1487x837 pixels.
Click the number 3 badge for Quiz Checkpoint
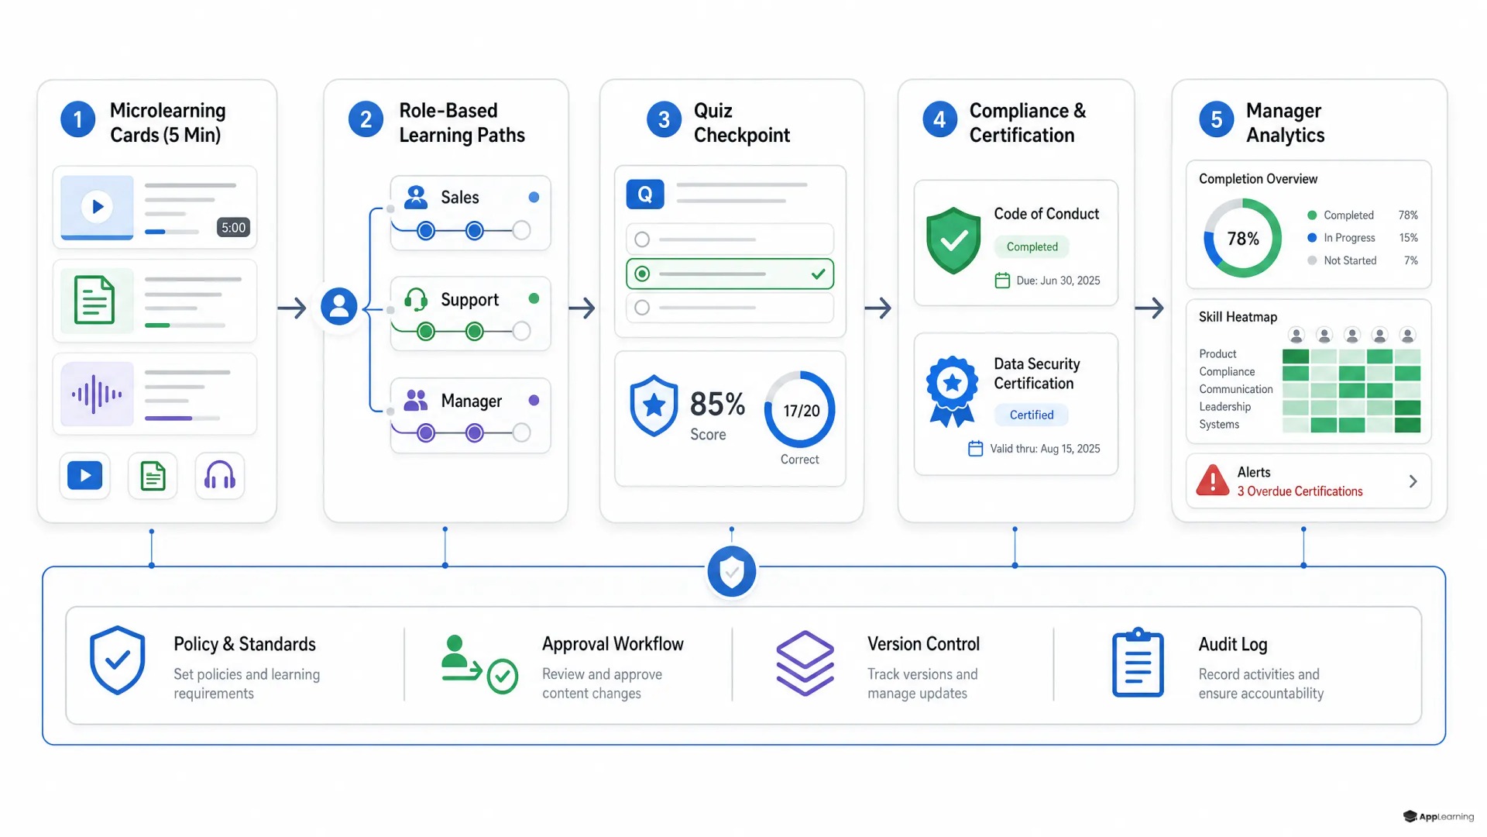tap(664, 119)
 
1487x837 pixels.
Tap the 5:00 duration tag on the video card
tap(233, 227)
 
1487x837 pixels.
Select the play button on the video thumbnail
tap(98, 206)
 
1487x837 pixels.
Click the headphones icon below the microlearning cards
tap(220, 475)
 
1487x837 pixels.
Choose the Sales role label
tap(460, 198)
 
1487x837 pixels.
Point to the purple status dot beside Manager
tap(534, 401)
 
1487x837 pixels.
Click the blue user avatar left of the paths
tap(339, 307)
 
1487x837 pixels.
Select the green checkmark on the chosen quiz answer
tap(818, 274)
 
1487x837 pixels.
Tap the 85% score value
tap(717, 404)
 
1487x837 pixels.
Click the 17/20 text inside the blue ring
tap(801, 411)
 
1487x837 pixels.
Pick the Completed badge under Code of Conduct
tap(1032, 246)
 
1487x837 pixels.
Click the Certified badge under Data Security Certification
tap(1032, 415)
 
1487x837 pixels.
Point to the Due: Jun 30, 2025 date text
tap(1058, 281)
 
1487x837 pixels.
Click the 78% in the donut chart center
tap(1243, 239)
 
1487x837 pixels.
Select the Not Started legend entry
tap(1350, 260)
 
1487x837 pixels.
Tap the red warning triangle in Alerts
tap(1213, 480)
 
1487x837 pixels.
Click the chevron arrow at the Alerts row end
tap(1413, 481)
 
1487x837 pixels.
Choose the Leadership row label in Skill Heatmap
tap(1224, 407)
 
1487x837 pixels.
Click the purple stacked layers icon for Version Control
tap(805, 663)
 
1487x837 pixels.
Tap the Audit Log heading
tap(1233, 644)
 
